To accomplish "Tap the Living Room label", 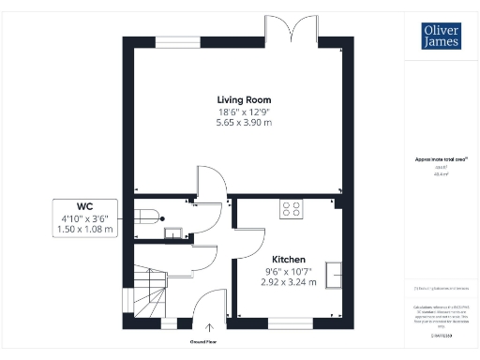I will click(238, 99).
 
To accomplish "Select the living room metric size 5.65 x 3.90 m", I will click(238, 122).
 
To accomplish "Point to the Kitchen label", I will click(288, 259).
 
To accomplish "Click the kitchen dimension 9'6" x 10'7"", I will click(288, 270).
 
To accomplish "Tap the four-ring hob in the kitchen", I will click(291, 210).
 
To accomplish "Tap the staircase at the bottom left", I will click(148, 292).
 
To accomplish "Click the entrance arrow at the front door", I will click(208, 327).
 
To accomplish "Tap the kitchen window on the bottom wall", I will click(284, 322).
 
